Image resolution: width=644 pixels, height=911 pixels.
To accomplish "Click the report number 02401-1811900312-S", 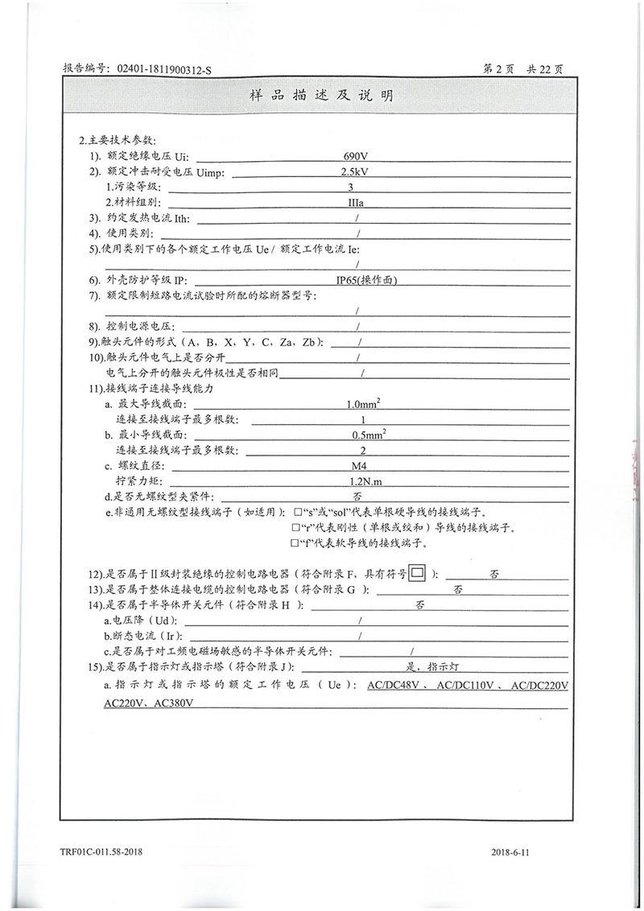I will point(164,69).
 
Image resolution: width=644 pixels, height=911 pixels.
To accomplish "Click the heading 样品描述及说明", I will point(321,96).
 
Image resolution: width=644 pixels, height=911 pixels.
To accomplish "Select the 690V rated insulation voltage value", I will point(355,155).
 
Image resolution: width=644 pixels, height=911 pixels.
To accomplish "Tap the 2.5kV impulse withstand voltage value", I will point(355,171).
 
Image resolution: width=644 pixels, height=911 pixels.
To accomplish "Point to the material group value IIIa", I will point(356,202).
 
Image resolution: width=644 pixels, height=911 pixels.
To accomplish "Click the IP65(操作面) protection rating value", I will point(367,279).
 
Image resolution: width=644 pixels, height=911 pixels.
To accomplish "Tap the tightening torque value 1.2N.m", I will point(359,481).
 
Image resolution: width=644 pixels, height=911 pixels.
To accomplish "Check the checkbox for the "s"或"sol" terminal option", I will point(297,513).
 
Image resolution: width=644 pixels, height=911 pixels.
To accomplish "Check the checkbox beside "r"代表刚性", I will point(297,529).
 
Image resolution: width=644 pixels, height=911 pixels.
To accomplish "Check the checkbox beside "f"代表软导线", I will point(297,544).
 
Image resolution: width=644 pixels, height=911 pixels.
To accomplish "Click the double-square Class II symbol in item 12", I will point(416,574).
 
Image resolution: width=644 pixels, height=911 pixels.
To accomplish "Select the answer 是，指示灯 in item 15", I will point(434,667).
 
